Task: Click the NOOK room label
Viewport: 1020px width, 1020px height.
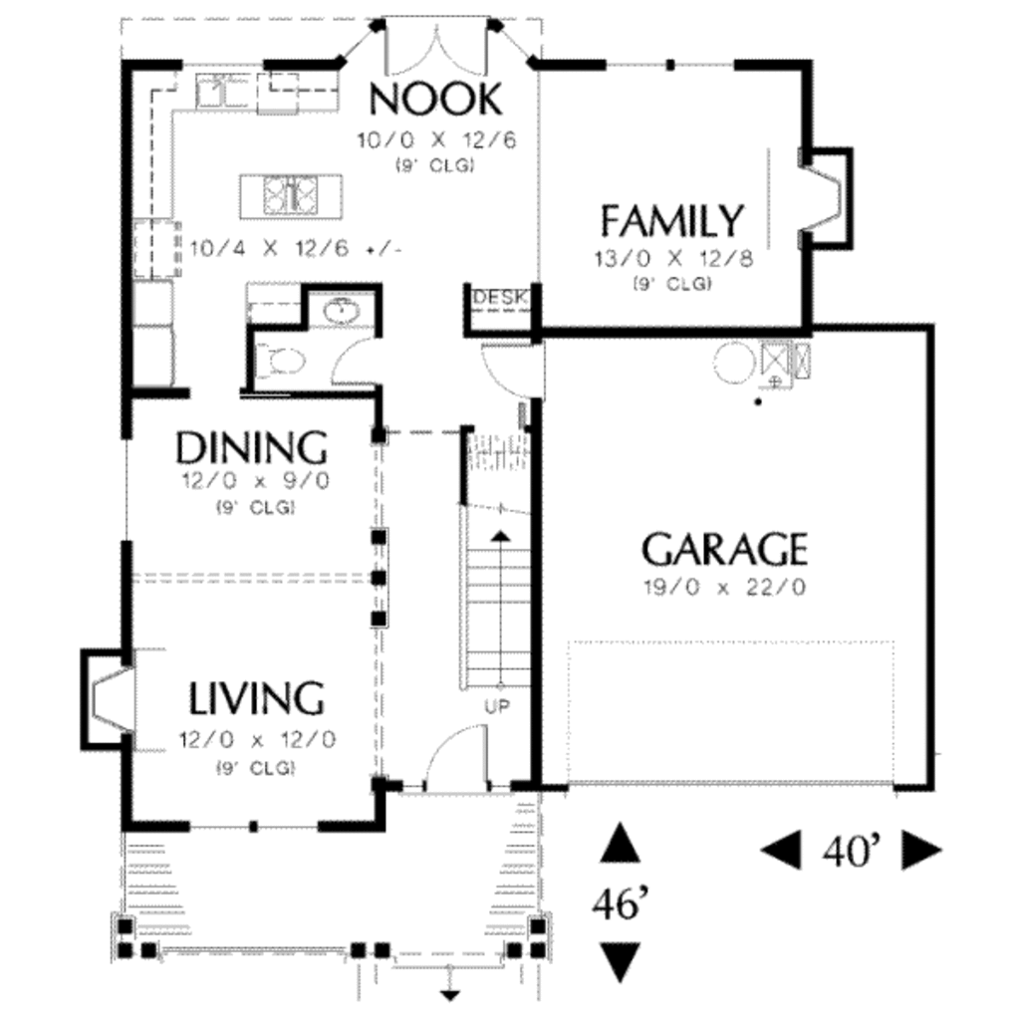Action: point(435,99)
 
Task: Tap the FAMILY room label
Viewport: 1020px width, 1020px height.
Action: point(672,219)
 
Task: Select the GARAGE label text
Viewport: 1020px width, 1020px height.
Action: point(724,549)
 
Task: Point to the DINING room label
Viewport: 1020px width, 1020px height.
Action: point(251,448)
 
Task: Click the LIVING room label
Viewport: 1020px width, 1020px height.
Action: point(257,699)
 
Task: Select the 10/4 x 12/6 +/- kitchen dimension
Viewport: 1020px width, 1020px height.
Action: point(296,248)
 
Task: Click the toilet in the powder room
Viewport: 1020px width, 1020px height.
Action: point(279,361)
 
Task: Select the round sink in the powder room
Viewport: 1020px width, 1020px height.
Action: point(343,313)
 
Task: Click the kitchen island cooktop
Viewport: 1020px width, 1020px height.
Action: point(290,193)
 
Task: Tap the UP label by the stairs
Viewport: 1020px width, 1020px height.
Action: point(497,706)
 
